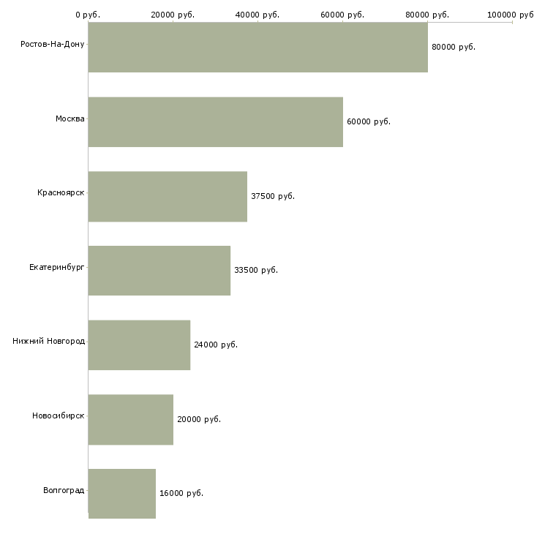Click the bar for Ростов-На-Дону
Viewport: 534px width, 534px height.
[257, 48]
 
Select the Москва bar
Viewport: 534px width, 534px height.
[216, 122]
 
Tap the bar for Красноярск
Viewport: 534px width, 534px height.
[168, 197]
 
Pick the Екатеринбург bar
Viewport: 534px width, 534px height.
[159, 271]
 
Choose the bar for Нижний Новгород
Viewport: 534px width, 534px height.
[139, 345]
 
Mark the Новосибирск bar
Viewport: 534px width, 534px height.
[131, 420]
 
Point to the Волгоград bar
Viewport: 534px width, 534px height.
[122, 494]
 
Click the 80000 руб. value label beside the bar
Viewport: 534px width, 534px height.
[454, 48]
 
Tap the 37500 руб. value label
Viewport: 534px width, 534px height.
[273, 196]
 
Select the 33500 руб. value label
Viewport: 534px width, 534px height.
[256, 271]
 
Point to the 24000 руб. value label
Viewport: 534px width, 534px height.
[216, 345]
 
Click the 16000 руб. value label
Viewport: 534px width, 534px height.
[181, 494]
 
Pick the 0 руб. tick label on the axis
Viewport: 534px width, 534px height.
[88, 15]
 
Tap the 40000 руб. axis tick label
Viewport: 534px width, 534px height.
[257, 15]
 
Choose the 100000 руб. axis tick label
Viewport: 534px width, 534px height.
[511, 15]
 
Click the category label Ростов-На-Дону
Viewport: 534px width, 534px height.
[53, 45]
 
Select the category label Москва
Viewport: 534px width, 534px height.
[69, 119]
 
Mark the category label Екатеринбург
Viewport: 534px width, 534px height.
[56, 267]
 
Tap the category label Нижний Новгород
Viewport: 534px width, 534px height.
[49, 341]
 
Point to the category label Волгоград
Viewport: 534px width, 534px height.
[64, 491]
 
